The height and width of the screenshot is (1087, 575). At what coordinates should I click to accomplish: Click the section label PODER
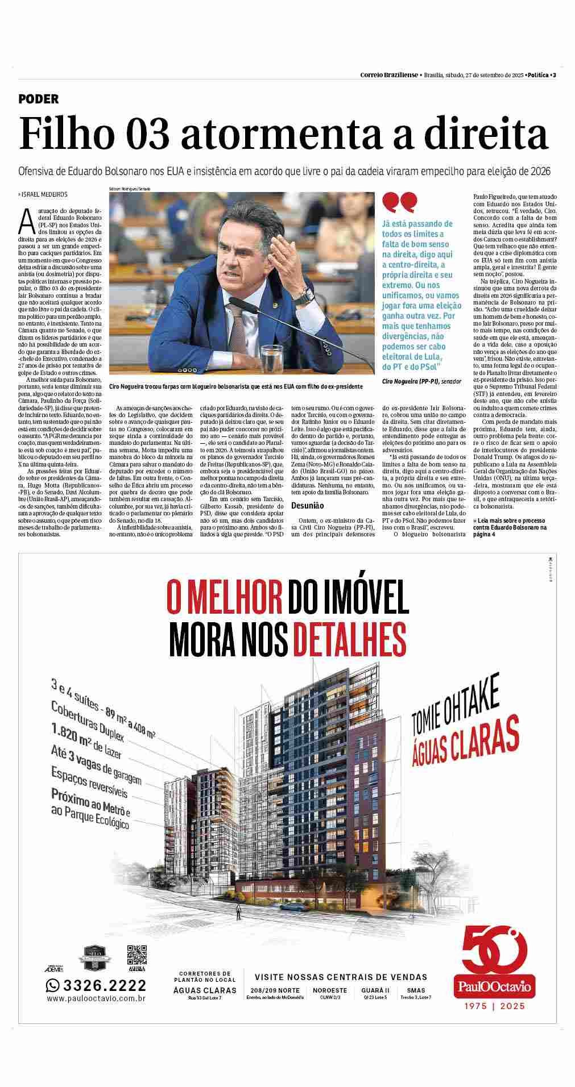[x=39, y=99]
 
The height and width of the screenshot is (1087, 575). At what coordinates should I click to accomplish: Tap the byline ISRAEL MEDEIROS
[x=43, y=194]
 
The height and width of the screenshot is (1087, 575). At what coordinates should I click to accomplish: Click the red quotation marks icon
[x=400, y=202]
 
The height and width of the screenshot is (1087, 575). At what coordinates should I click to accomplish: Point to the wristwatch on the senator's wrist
[x=307, y=295]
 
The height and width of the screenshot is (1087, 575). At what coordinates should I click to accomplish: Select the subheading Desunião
[x=307, y=505]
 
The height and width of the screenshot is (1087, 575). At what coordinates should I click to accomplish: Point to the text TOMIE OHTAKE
[x=456, y=708]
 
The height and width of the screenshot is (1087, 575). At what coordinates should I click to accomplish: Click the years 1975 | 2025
[x=494, y=1006]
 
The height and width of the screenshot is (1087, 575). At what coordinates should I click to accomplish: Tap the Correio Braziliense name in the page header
[x=389, y=75]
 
